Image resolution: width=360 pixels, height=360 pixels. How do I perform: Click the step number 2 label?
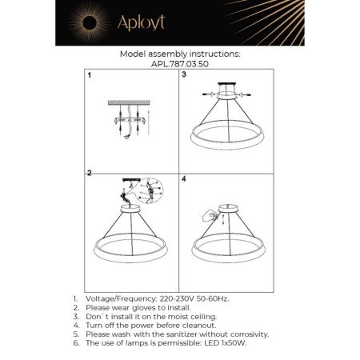(x=90, y=173)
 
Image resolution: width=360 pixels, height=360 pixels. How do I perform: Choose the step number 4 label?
(x=184, y=178)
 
